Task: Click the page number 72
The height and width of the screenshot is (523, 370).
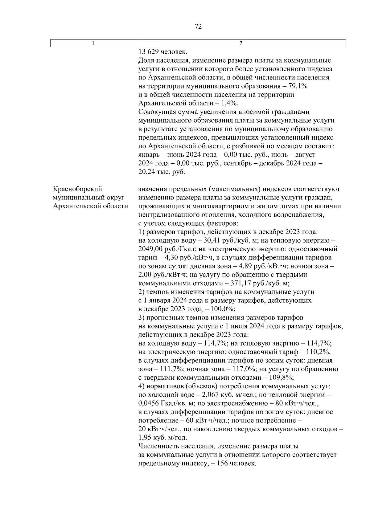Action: click(199, 27)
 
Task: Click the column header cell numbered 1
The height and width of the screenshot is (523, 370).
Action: click(93, 43)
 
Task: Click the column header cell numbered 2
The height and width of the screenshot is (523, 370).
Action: click(241, 43)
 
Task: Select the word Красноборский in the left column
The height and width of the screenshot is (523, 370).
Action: click(77, 189)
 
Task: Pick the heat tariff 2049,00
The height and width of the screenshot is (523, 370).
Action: click(151, 249)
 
